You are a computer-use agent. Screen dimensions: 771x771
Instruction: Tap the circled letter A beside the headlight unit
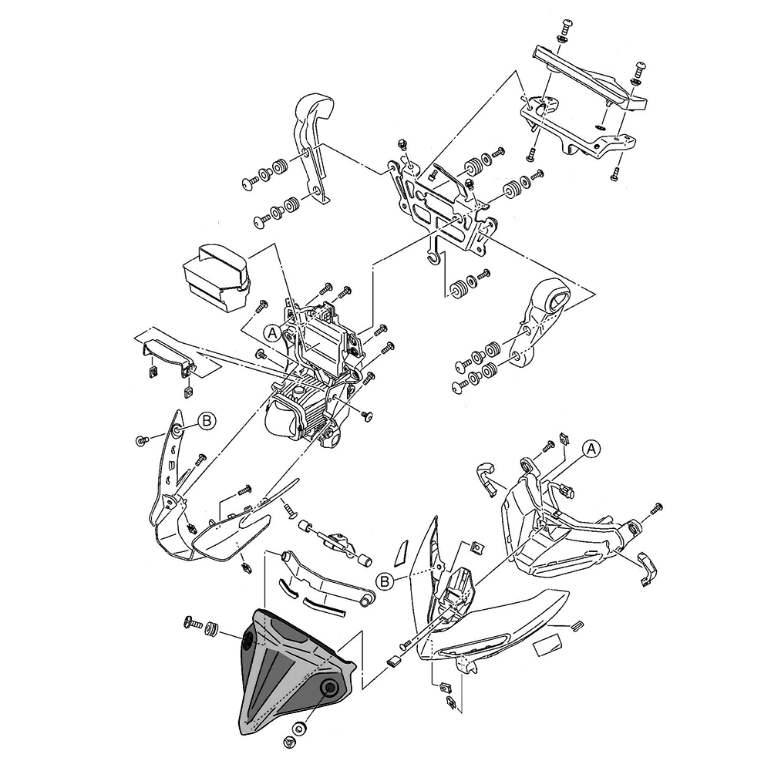[272, 333]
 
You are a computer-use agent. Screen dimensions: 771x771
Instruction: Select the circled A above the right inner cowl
[590, 448]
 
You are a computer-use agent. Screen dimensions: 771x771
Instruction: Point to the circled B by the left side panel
[207, 420]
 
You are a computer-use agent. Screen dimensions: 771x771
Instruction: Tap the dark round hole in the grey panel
[329, 689]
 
